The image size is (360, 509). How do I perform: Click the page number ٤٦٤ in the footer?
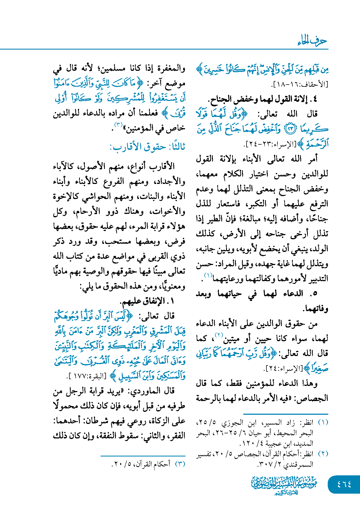pos(344,484)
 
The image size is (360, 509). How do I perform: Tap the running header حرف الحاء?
pos(312,41)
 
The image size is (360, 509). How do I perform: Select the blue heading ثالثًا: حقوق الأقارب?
pos(147,147)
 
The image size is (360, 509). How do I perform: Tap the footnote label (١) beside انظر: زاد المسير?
pos(323,422)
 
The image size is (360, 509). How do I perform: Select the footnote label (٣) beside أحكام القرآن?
pos(180,464)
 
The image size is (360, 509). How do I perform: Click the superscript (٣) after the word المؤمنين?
pos(118,125)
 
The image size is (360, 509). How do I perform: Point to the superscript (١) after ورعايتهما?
pos(208,275)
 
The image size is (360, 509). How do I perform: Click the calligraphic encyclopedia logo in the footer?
pos(284,485)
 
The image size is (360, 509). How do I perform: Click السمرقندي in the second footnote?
pos(298,464)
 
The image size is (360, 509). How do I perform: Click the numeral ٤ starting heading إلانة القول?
pos(315,99)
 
